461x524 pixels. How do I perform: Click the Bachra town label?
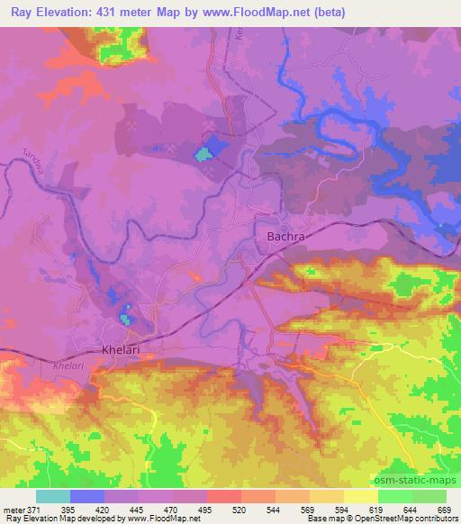[287, 237]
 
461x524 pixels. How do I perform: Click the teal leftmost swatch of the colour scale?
[52, 496]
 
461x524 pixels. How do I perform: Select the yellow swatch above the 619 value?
[361, 496]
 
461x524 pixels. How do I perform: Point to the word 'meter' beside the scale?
[14, 509]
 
